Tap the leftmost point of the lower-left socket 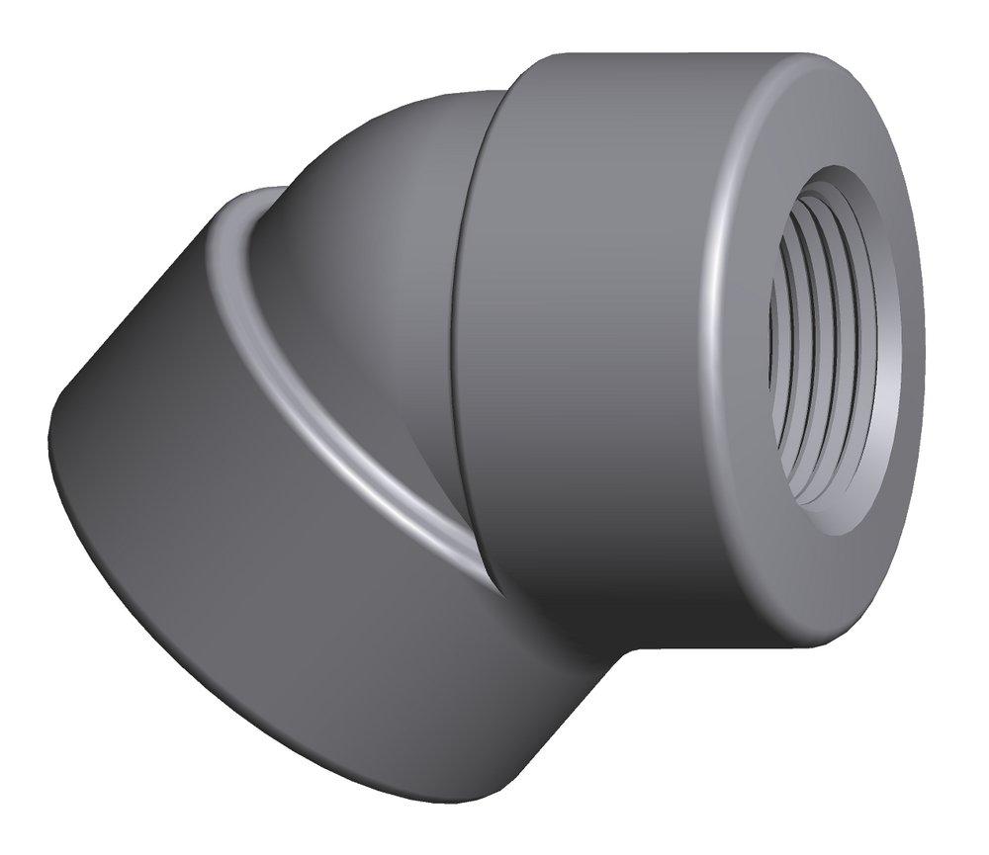(49, 435)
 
